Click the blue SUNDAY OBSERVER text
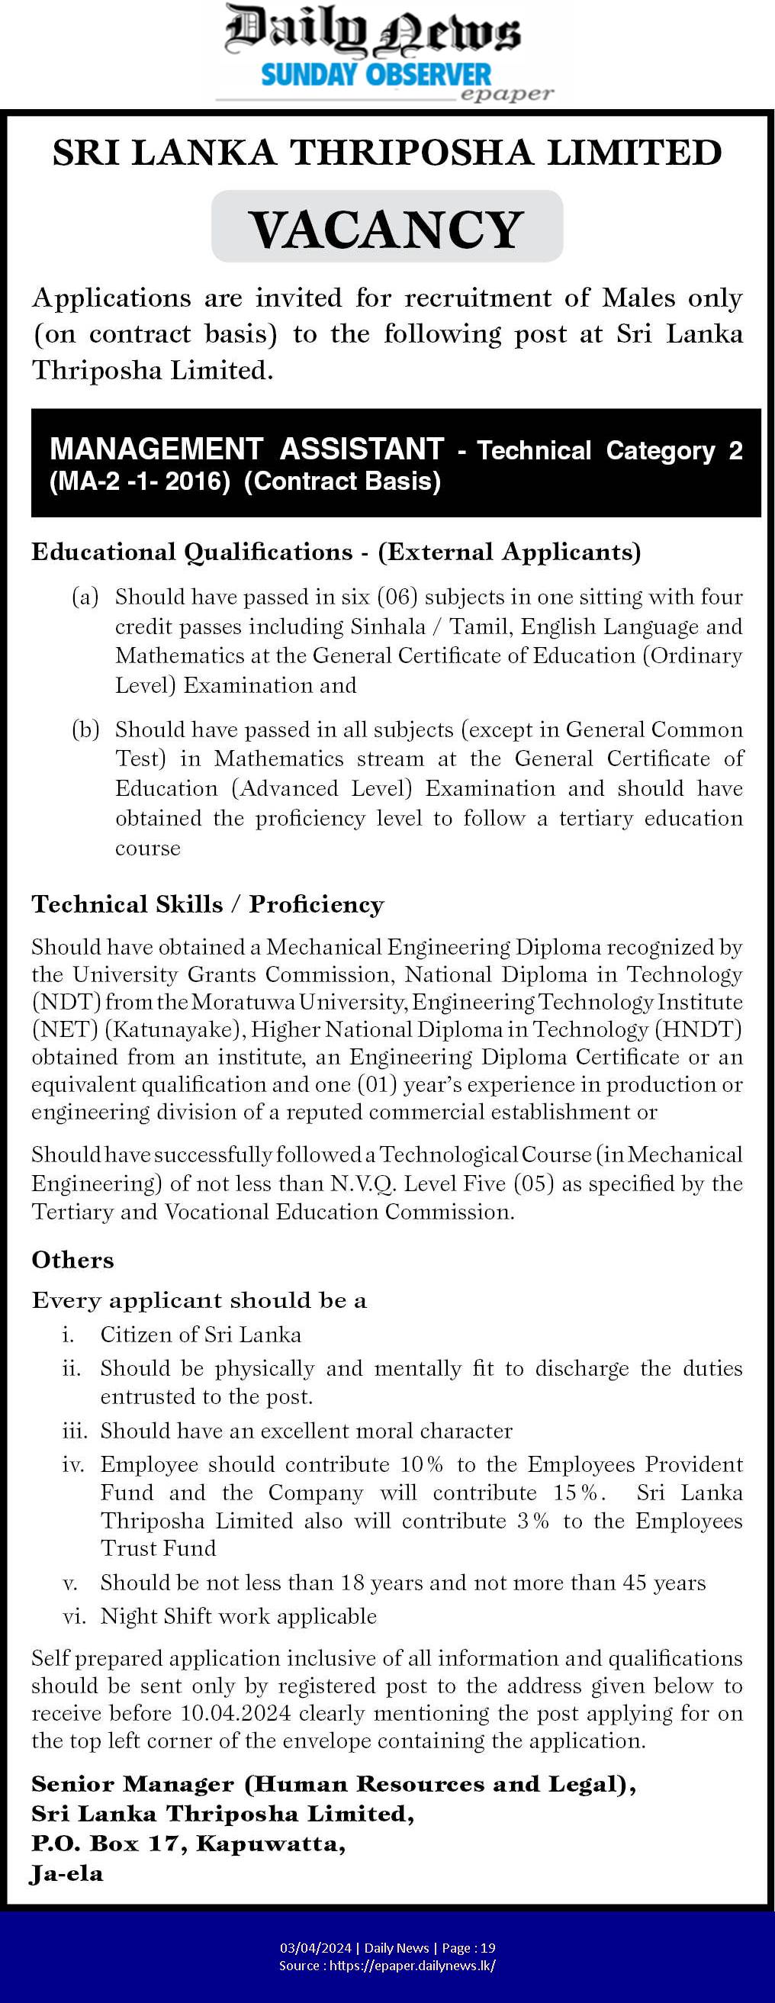pos(376,76)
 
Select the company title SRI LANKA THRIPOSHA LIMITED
pos(387,153)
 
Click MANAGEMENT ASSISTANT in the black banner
pos(246,449)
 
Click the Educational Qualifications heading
pos(191,552)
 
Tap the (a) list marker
pos(85,597)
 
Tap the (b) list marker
pos(85,729)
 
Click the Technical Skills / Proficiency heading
pos(207,904)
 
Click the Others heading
pos(72,1260)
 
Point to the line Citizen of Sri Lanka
pos(201,1335)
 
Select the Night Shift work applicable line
pos(238,1616)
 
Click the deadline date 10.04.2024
pos(236,1713)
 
